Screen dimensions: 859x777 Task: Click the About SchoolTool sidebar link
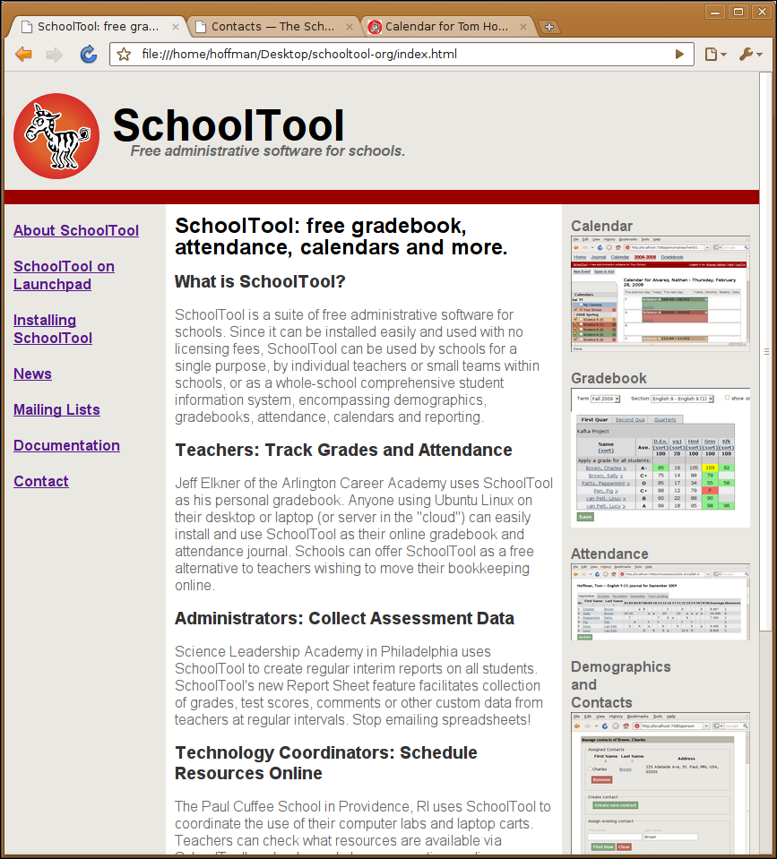[76, 230]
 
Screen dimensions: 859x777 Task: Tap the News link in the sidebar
[32, 374]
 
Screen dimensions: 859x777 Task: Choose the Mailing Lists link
[56, 409]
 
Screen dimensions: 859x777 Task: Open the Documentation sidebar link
[66, 445]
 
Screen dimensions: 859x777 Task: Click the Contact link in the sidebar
[41, 481]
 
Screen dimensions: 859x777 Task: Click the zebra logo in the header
[56, 136]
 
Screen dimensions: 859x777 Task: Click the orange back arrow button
[23, 55]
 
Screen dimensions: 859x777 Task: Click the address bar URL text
[299, 55]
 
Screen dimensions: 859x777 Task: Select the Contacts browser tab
[269, 27]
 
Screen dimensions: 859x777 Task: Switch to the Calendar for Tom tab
[445, 27]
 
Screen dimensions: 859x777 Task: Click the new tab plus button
[549, 27]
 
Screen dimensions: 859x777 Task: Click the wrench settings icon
[747, 55]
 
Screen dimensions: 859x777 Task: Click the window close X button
[763, 11]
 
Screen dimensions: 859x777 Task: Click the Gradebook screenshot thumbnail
[660, 457]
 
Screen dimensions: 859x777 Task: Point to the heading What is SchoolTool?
[260, 282]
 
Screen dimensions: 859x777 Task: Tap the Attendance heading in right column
[609, 554]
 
